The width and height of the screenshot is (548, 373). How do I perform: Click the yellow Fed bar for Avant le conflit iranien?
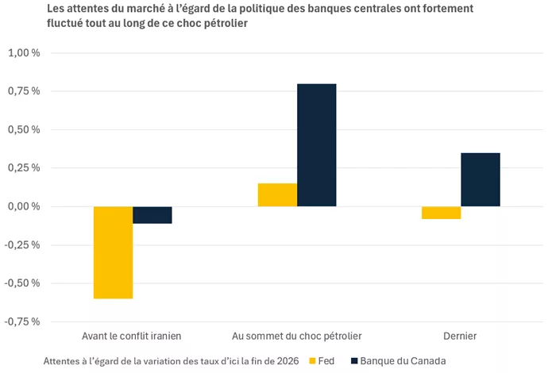[113, 252]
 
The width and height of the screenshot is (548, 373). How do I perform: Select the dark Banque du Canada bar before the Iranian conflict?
[152, 215]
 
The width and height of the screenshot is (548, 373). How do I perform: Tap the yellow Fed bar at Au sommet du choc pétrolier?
[277, 195]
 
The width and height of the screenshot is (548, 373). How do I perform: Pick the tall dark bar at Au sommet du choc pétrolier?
[317, 145]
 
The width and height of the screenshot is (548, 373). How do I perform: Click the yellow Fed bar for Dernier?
[441, 213]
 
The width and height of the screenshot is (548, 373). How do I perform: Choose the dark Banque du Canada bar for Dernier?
[480, 179]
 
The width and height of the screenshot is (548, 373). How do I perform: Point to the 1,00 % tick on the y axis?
[24, 53]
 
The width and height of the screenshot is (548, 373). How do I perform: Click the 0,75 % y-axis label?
[24, 91]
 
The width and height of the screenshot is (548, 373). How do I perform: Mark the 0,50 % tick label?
[24, 129]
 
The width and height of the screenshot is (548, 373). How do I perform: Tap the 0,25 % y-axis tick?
[24, 167]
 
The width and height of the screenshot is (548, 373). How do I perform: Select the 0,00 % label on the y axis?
[24, 206]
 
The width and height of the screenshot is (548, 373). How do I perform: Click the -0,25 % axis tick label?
[22, 244]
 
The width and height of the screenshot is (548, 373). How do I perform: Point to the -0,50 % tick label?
[22, 283]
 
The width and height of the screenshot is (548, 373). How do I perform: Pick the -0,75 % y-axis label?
[22, 321]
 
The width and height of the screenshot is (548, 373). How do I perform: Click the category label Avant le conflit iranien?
[133, 336]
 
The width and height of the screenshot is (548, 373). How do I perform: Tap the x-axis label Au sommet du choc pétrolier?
[297, 336]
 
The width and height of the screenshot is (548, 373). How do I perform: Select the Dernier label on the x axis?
[461, 336]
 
